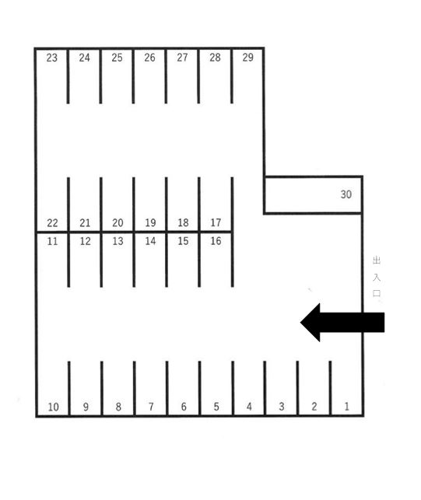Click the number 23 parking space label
click(51, 58)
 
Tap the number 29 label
click(247, 58)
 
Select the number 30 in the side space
click(346, 194)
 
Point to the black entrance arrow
click(342, 323)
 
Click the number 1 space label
click(346, 406)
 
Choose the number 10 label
click(53, 407)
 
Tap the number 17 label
click(216, 222)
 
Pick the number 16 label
click(216, 241)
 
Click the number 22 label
click(52, 223)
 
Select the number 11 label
click(52, 241)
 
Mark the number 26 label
click(149, 58)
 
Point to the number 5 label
click(216, 407)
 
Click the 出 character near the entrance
click(377, 260)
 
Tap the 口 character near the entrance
click(377, 293)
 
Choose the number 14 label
click(150, 241)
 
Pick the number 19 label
click(150, 222)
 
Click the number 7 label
click(151, 407)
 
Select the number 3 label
click(282, 407)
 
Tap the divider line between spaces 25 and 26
click(133, 76)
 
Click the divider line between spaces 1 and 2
click(330, 388)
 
